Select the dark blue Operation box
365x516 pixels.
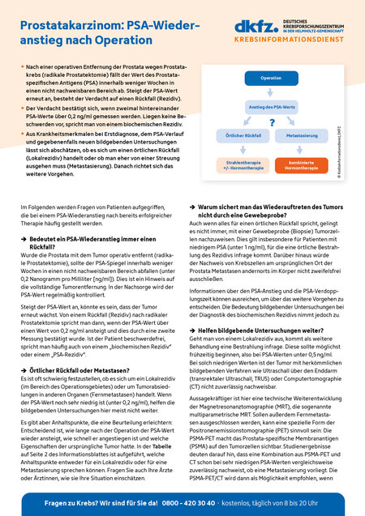pyautogui.click(x=270, y=78)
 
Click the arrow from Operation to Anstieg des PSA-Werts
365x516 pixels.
pyautogui.click(x=270, y=92)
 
